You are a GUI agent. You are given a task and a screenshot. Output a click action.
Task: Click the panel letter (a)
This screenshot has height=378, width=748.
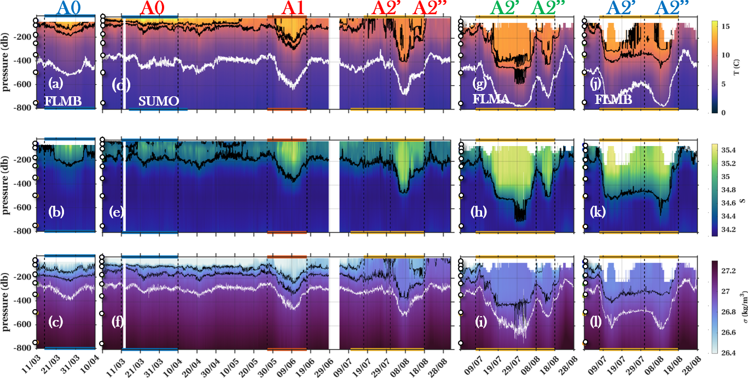(55, 84)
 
